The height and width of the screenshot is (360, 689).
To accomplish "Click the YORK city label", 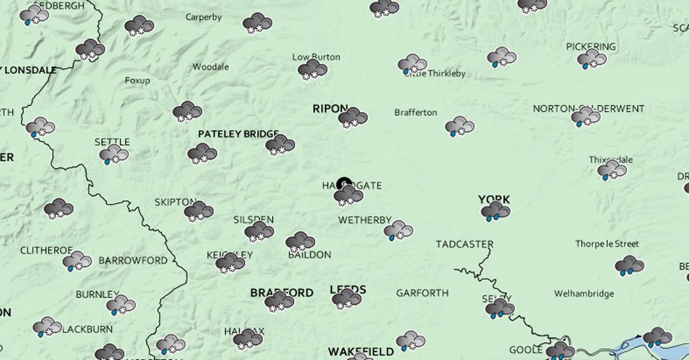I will [x=494, y=200].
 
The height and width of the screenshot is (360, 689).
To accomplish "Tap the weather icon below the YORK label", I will [x=496, y=212].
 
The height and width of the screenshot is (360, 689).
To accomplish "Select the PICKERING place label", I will [x=590, y=47].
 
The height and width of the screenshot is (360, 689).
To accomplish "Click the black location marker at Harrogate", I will [x=344, y=184].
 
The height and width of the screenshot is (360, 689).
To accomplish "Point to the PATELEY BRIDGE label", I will [x=238, y=134].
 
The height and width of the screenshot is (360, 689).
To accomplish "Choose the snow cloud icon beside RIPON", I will [x=353, y=117].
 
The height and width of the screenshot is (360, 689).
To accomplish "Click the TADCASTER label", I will [x=465, y=244].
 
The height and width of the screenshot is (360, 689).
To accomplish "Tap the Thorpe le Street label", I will [x=607, y=244].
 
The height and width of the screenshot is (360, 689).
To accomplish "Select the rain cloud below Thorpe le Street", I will [x=629, y=265].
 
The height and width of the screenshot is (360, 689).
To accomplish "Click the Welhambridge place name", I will [x=583, y=294].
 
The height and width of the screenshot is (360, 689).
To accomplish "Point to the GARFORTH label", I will [x=422, y=293].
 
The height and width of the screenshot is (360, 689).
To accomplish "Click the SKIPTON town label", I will [x=175, y=202].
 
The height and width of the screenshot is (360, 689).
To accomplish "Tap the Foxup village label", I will [x=137, y=80].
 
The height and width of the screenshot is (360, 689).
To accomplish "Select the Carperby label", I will [x=203, y=17].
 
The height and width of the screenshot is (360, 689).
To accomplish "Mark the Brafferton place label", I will [x=416, y=113].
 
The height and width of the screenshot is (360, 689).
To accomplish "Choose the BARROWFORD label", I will [x=133, y=261].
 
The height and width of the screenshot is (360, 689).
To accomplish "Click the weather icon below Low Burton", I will [x=312, y=70].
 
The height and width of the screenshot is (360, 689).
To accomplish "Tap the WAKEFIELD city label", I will [x=361, y=351].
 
